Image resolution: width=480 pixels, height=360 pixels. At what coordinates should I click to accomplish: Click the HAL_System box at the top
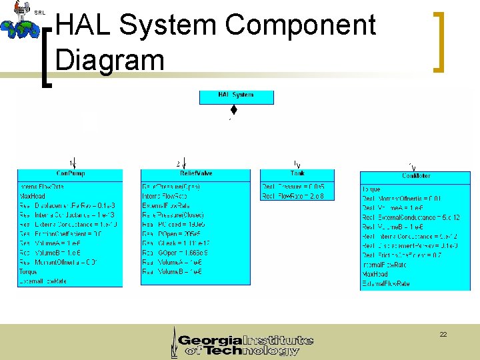point(236,96)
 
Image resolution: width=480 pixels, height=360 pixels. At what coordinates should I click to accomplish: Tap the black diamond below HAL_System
point(234,110)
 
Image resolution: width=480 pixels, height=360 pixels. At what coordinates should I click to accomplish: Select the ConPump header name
point(71,174)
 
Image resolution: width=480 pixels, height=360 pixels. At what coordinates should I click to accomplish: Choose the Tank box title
point(297,174)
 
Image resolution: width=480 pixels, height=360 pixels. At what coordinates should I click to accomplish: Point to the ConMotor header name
point(415,176)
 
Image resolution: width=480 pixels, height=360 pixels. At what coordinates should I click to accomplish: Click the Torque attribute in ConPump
point(28,273)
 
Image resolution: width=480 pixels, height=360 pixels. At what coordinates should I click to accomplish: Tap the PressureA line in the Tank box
point(293,187)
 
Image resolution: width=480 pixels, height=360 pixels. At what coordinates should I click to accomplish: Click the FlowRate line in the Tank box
point(293,196)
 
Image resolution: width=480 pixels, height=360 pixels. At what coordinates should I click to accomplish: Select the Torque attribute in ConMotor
point(372,189)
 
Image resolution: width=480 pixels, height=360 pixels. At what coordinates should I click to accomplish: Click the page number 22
point(443,334)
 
